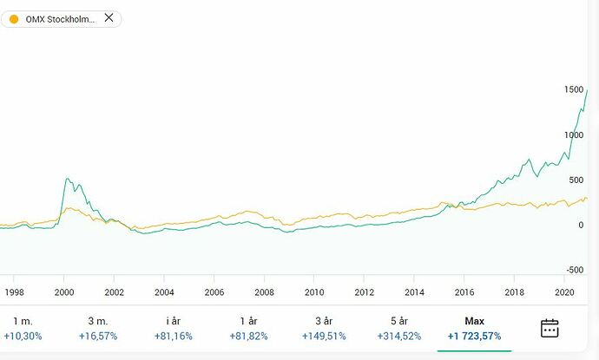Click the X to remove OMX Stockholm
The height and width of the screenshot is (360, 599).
pyautogui.click(x=108, y=18)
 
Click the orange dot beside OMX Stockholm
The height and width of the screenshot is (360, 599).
pyautogui.click(x=13, y=19)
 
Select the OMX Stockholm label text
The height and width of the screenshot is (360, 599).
pyautogui.click(x=60, y=19)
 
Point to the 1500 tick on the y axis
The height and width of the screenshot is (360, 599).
pyautogui.click(x=573, y=90)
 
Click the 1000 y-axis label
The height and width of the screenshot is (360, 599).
pyautogui.click(x=573, y=135)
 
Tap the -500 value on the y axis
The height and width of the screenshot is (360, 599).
pyautogui.click(x=574, y=270)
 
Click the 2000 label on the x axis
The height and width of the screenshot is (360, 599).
pyautogui.click(x=64, y=292)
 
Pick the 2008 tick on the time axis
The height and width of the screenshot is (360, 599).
pyautogui.click(x=264, y=292)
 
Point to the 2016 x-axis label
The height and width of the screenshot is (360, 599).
pyautogui.click(x=464, y=292)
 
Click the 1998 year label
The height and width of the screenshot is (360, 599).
pyautogui.click(x=15, y=292)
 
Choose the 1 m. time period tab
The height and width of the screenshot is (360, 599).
pyautogui.click(x=22, y=321)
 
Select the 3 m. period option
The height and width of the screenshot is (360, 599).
pyautogui.click(x=96, y=321)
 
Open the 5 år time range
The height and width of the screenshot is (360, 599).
pyautogui.click(x=398, y=321)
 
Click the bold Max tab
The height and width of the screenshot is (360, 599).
pyautogui.click(x=474, y=321)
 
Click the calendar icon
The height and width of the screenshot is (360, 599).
pyautogui.click(x=550, y=328)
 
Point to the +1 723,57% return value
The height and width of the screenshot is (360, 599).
pyautogui.click(x=474, y=336)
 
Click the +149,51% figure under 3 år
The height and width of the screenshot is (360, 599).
pyautogui.click(x=323, y=336)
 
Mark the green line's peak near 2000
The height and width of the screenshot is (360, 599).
pyautogui.click(x=68, y=179)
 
